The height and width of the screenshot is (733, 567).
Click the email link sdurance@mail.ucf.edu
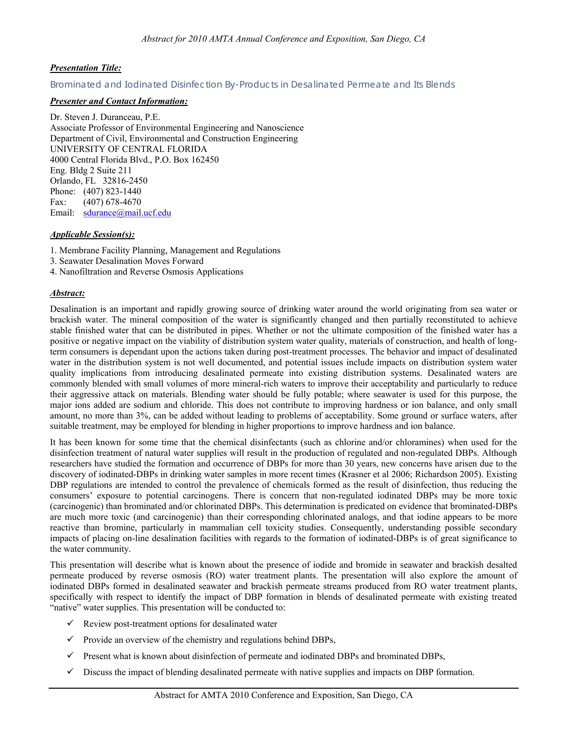(127, 213)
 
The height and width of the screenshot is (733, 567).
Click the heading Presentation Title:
(85, 68)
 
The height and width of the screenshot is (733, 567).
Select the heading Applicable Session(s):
(92, 234)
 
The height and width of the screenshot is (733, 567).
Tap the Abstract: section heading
(67, 293)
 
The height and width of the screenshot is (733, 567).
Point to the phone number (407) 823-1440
(112, 191)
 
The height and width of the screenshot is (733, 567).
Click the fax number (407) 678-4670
(112, 202)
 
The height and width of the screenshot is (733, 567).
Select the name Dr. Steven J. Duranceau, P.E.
(105, 117)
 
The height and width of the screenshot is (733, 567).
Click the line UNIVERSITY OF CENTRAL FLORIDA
(128, 149)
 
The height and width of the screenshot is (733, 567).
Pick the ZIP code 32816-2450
(125, 181)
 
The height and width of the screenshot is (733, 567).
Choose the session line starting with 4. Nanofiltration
(146, 272)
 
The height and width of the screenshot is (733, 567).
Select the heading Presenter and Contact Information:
(119, 101)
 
